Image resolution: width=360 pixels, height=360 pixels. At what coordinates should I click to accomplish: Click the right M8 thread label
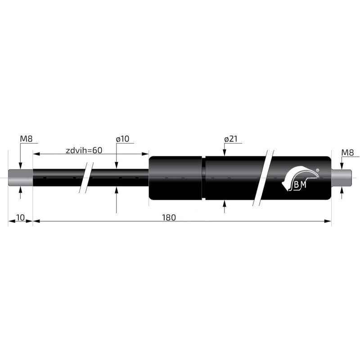click(x=347, y=153)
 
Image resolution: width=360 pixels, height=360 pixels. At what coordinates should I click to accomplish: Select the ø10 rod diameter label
click(x=122, y=139)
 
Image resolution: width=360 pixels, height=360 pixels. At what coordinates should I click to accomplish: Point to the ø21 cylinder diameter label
click(x=230, y=139)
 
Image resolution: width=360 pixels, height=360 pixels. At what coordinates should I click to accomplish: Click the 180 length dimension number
click(x=169, y=217)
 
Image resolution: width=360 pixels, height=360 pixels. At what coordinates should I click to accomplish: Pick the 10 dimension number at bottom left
click(x=20, y=217)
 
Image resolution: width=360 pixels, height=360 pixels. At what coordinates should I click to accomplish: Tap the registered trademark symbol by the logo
click(x=318, y=171)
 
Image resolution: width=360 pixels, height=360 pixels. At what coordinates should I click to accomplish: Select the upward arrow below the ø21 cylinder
click(x=225, y=205)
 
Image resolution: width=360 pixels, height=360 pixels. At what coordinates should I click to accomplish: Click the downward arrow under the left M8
click(x=20, y=166)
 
